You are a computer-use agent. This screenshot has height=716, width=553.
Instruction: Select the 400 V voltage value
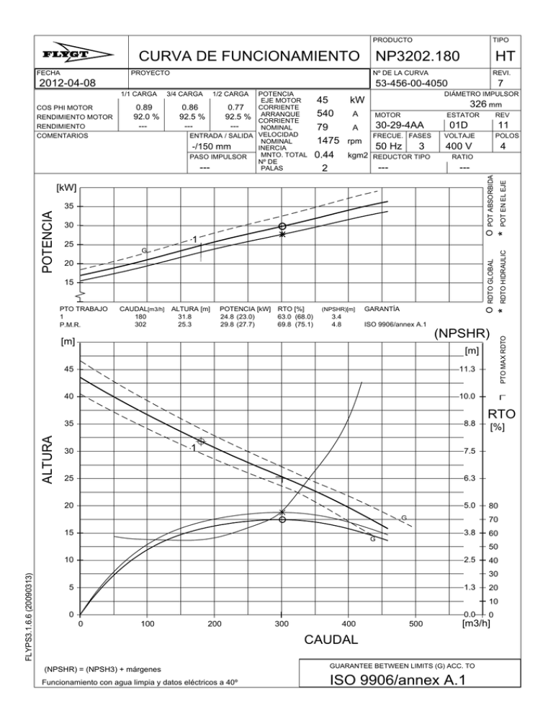[x=459, y=146]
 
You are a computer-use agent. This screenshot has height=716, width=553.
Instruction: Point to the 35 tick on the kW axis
[x=67, y=206]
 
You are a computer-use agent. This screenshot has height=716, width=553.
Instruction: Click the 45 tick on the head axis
[x=67, y=369]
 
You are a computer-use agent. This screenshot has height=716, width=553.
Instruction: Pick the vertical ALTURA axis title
[x=44, y=460]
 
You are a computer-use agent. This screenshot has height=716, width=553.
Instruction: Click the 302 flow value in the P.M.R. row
[x=140, y=325]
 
